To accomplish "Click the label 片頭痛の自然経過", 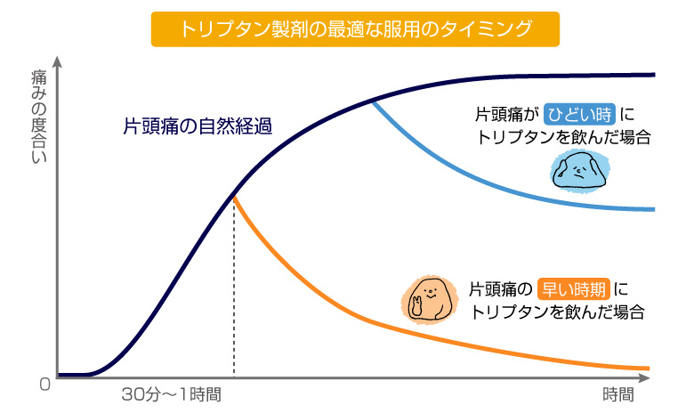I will click(197, 126).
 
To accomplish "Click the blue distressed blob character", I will click(580, 170).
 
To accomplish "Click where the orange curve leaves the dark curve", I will click(234, 196).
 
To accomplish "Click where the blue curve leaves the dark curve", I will click(372, 101).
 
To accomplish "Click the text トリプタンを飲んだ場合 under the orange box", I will click(558, 312).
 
